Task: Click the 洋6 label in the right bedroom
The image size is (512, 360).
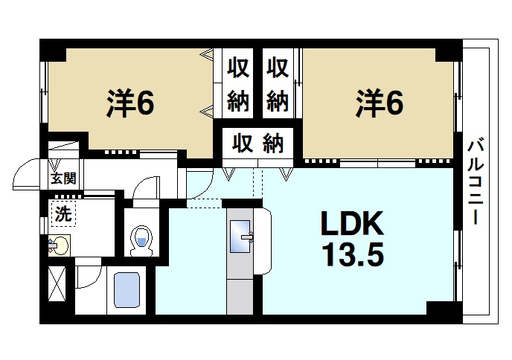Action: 379,103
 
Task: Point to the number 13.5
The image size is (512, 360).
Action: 352,255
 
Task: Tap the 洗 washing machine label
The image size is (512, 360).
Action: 63,215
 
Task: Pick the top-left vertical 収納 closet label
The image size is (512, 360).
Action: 238,83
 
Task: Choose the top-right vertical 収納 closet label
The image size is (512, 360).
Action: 277,83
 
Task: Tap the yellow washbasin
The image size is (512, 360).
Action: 60,244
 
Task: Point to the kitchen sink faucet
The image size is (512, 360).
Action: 252,239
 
